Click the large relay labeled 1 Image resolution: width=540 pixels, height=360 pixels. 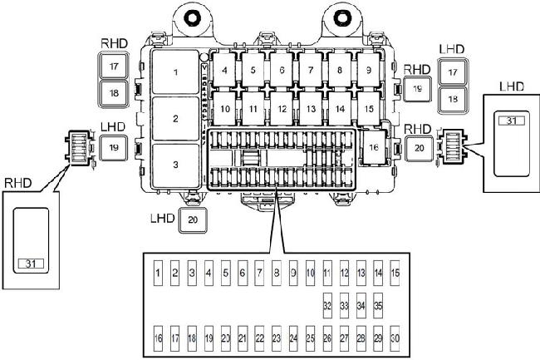(x=175, y=72)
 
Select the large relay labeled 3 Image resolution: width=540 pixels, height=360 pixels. (x=175, y=165)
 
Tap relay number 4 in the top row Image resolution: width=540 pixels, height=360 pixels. (x=225, y=71)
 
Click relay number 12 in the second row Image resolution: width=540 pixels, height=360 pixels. (x=282, y=108)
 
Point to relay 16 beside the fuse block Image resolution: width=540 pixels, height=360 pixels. (x=374, y=147)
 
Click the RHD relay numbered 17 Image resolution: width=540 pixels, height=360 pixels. (x=113, y=66)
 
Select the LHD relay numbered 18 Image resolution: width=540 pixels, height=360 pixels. (x=452, y=98)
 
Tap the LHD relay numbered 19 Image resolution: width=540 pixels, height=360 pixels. (x=113, y=147)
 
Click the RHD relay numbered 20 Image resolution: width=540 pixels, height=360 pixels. (x=419, y=147)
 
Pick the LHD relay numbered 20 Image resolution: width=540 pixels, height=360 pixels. (x=192, y=221)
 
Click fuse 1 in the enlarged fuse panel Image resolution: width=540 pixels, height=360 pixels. (x=158, y=272)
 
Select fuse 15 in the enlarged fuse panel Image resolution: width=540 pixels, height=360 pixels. (x=395, y=272)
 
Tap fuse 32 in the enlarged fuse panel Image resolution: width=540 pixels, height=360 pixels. (x=327, y=305)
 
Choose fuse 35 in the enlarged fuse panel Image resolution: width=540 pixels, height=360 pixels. (x=378, y=305)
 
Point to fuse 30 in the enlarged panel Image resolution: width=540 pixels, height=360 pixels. (x=395, y=338)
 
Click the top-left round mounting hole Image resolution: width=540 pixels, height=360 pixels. (x=194, y=17)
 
